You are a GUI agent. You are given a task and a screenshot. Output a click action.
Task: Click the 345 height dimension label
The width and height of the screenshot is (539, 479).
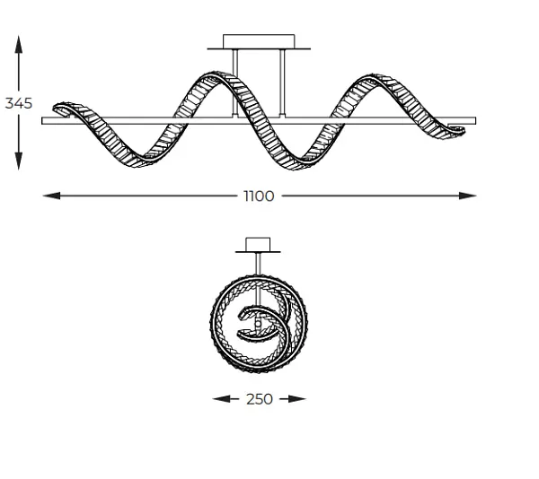click(19, 103)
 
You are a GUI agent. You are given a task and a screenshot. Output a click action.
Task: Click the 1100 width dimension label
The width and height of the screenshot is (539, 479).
click(259, 196)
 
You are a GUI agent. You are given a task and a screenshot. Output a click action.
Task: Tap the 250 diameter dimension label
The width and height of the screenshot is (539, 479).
click(260, 399)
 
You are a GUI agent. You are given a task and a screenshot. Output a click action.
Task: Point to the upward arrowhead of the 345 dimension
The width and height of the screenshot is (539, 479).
click(19, 44)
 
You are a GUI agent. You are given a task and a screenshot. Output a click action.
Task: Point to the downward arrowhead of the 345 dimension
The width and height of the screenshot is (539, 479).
click(19, 161)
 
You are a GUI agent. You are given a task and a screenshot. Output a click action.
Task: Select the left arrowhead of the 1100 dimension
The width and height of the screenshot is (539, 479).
click(51, 196)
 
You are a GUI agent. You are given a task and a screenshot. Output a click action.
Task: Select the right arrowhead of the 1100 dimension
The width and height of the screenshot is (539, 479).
click(468, 196)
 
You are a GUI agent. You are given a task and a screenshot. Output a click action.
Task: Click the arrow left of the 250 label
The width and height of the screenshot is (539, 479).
click(225, 398)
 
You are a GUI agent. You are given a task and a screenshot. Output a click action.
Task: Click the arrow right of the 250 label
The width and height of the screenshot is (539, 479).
click(293, 398)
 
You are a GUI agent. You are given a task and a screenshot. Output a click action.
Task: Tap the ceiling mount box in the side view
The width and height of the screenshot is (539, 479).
click(259, 41)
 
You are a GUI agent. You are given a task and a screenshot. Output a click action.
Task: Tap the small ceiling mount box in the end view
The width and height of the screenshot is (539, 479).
click(258, 244)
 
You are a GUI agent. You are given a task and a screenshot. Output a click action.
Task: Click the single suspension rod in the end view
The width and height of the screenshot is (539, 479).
click(258, 264)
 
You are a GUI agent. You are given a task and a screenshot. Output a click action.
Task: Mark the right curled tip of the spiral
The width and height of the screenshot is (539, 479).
click(458, 130)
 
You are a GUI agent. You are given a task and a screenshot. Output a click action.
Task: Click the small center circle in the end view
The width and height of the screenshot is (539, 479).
click(258, 324)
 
